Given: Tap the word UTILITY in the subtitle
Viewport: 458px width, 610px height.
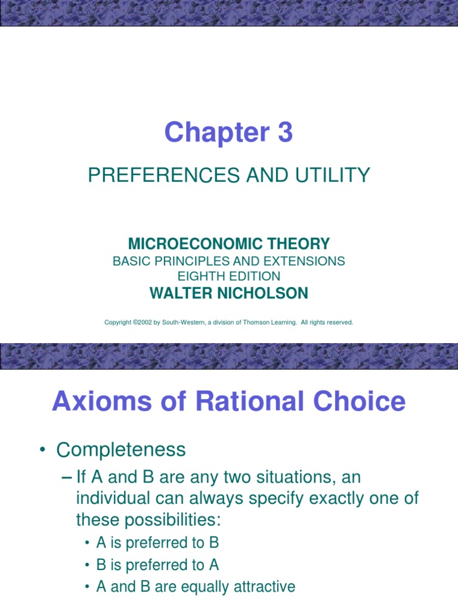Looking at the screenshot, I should (x=332, y=175).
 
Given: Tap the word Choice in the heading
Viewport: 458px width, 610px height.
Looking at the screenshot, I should (x=352, y=402).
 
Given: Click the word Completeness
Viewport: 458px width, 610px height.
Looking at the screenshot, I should (x=121, y=450).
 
